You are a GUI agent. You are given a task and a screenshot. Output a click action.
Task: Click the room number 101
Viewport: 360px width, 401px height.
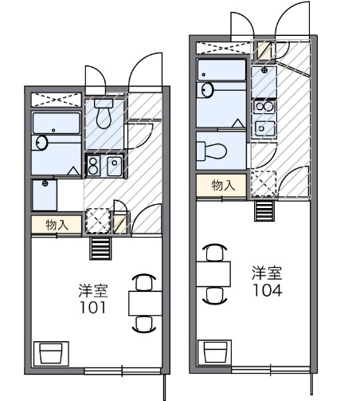coord(93,308)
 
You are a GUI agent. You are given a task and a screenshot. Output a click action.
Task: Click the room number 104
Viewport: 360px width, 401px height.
coord(268,290)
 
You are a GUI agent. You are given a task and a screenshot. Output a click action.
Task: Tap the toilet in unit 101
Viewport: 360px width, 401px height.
coord(104,114)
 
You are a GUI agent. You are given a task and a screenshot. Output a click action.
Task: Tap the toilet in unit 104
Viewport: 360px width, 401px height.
coord(212,151)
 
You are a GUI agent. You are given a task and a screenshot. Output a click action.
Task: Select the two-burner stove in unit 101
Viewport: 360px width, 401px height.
coord(93,166)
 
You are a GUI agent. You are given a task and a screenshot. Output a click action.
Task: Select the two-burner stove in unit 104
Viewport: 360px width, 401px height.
coord(264,107)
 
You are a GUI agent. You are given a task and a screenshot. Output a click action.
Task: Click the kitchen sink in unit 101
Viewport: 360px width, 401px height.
coord(115,166)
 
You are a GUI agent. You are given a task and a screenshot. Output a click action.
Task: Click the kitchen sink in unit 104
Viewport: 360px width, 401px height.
coord(264,129)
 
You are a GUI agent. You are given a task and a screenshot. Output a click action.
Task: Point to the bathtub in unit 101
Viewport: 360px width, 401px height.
coord(57,123)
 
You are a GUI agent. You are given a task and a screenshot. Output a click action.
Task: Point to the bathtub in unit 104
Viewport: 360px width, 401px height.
coord(221,70)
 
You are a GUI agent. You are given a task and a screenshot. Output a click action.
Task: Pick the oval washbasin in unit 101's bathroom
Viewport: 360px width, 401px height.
coord(41,143)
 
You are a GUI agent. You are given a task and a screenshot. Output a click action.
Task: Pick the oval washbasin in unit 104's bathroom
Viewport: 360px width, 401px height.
coord(207,90)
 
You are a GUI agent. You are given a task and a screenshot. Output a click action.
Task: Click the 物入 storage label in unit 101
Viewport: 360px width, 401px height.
coord(57,225)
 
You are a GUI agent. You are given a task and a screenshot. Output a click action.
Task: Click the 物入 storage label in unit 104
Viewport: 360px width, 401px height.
coord(223,185)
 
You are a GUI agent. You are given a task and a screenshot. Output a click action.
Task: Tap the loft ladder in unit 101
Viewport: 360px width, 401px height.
coord(100,248)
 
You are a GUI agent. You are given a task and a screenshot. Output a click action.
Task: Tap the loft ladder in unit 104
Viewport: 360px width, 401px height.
coord(264,211)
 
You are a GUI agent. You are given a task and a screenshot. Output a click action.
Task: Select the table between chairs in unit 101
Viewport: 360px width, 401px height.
coord(145,304)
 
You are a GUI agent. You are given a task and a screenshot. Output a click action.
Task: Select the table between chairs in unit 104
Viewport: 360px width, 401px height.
coord(213,274)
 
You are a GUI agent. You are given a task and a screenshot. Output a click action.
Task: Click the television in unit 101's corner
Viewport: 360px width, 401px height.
coord(51,354)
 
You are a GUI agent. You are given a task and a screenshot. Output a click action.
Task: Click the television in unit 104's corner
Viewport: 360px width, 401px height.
coord(215,352)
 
